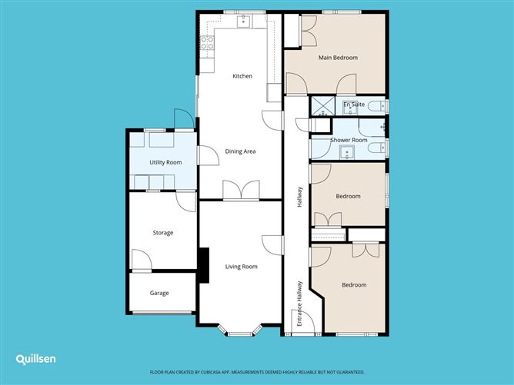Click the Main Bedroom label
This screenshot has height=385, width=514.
[339, 58]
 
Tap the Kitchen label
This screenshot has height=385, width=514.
[242, 76]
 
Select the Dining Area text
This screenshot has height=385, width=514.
[240, 151]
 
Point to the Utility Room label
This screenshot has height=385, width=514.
[165, 162]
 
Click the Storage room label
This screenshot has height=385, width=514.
[162, 233]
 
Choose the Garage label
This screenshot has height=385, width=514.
[159, 293]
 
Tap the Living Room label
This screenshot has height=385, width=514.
[241, 267]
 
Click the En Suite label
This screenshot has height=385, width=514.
[354, 104]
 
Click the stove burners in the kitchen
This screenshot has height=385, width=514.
[206, 44]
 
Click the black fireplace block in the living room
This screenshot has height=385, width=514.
[204, 265]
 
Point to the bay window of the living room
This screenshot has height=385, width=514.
[241, 332]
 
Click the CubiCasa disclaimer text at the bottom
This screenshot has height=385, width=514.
[256, 370]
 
